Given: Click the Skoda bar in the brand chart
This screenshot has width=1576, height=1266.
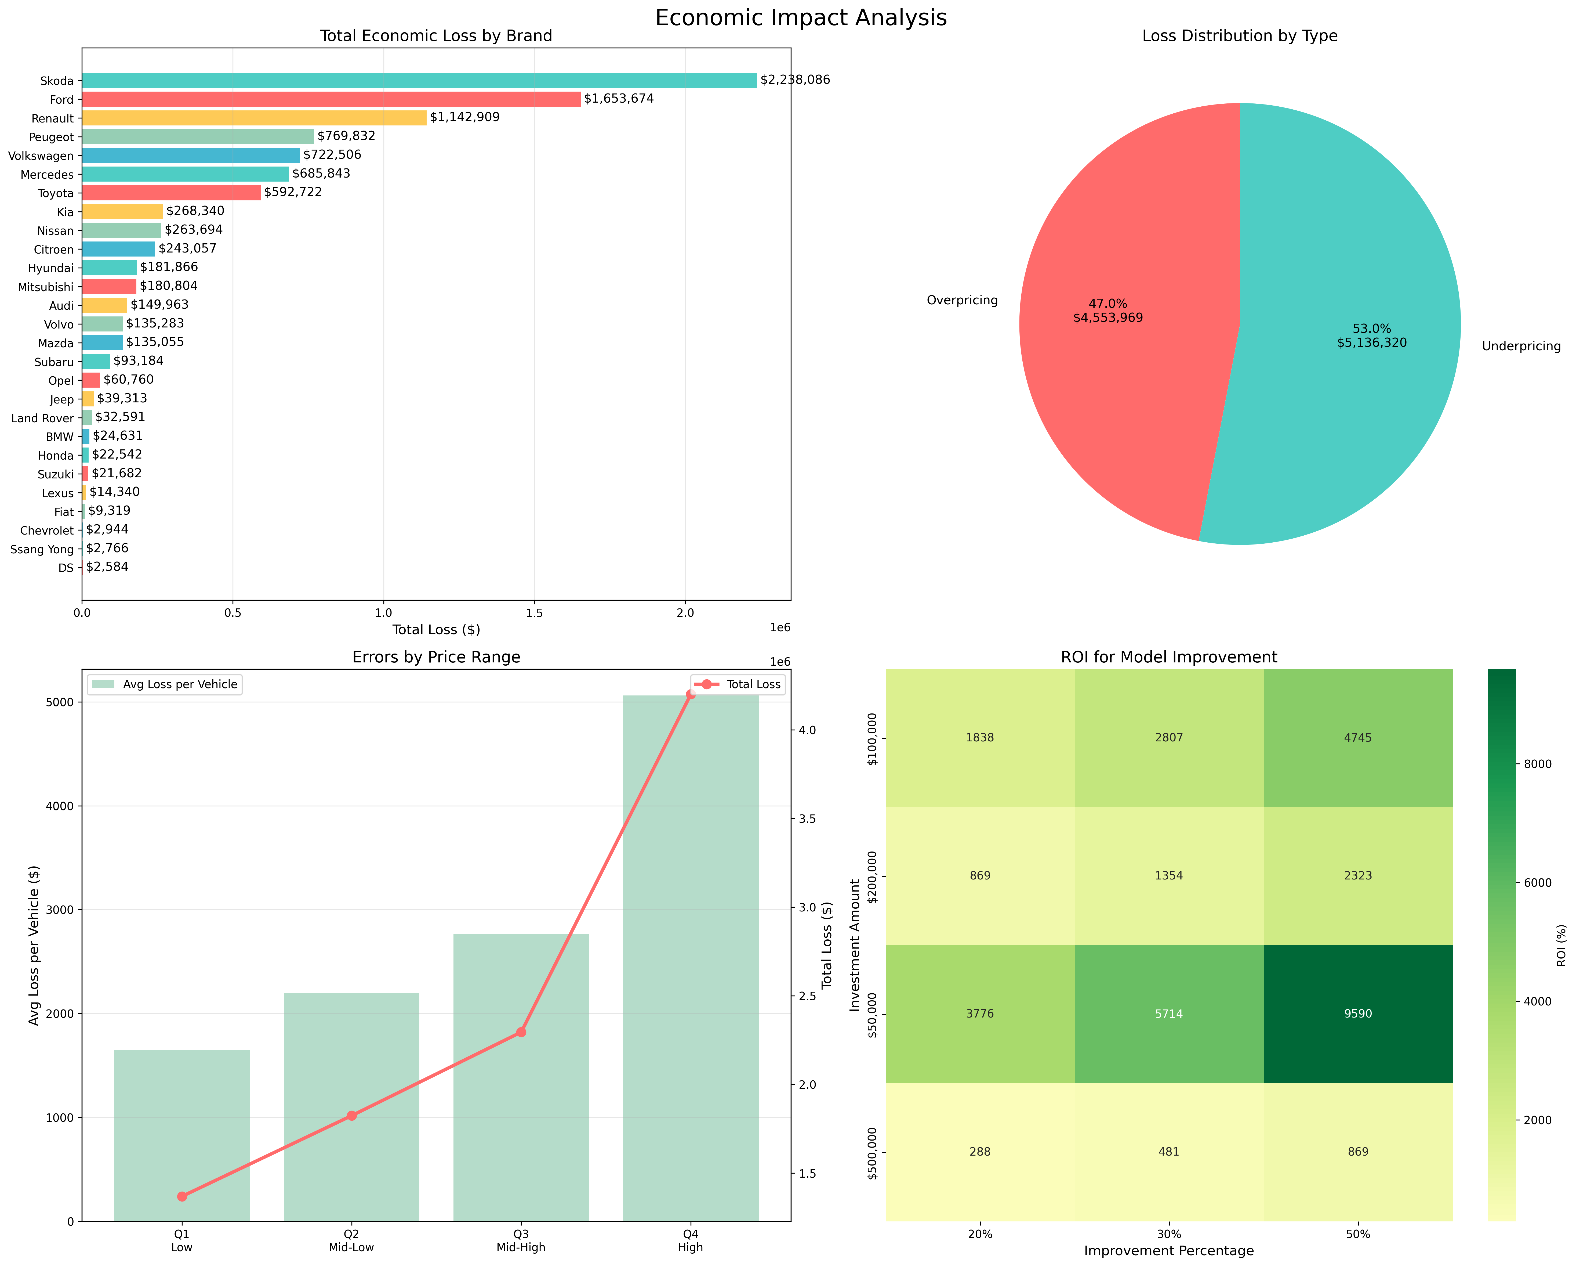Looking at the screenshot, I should (x=419, y=80).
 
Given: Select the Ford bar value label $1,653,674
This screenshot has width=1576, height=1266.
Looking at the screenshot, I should (x=618, y=99).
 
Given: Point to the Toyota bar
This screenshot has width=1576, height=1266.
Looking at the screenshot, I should (x=171, y=192).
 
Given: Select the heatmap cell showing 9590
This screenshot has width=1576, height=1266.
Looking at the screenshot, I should (x=1357, y=1014).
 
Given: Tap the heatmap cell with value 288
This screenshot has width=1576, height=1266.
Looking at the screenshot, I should (x=979, y=1152).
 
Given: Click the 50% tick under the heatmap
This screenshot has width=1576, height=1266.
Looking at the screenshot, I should (x=1357, y=1235).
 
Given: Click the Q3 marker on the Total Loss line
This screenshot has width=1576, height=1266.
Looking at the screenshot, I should (x=521, y=1032).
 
